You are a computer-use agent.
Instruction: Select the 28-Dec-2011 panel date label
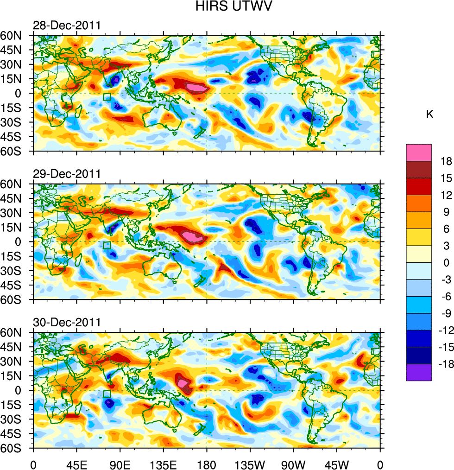click(67, 25)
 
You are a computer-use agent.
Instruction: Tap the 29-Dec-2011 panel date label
click(67, 174)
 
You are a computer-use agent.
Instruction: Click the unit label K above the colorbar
click(429, 114)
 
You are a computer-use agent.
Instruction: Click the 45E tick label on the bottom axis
click(76, 464)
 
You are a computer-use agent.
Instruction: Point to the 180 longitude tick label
click(207, 464)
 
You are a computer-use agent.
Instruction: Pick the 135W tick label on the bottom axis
click(250, 464)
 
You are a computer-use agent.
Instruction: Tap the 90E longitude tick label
click(120, 464)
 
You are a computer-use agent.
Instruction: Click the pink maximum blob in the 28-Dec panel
click(196, 87)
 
